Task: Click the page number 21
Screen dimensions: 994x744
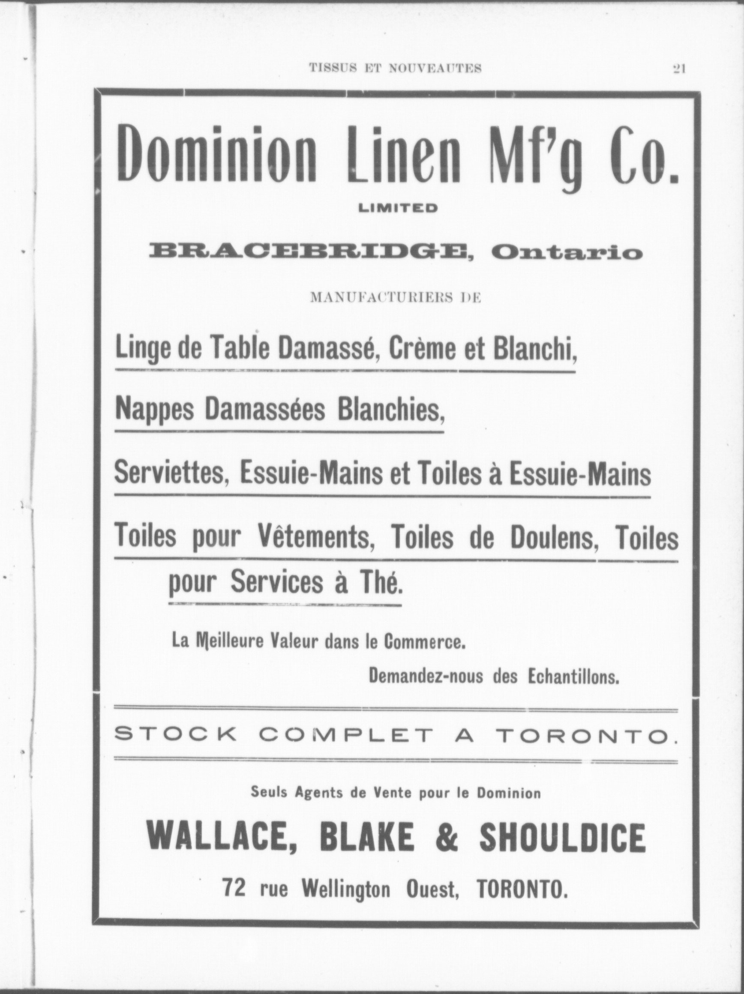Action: pos(678,69)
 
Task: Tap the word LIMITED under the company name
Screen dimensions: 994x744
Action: pos(398,208)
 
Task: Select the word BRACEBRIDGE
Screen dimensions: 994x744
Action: pos(309,251)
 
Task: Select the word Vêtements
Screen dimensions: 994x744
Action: pos(317,537)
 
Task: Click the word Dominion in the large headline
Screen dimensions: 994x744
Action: pos(216,154)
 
